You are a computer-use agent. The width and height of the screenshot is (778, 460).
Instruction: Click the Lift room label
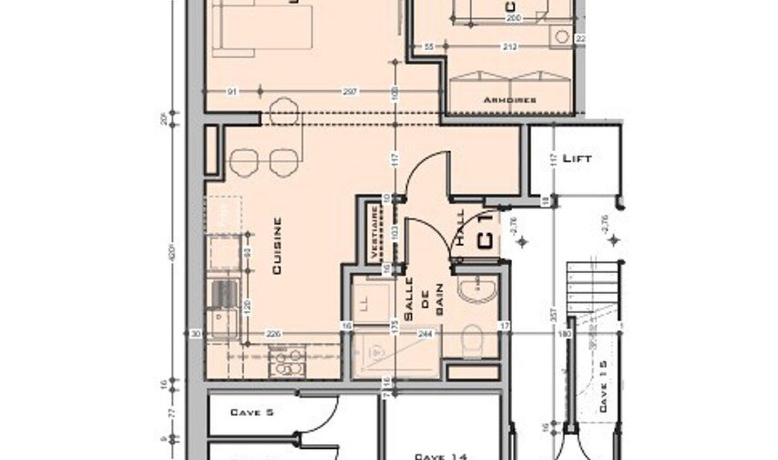pos(577,159)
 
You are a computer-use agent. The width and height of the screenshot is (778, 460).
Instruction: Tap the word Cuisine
pos(277,246)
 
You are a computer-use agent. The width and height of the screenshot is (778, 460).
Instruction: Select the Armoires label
pos(509,100)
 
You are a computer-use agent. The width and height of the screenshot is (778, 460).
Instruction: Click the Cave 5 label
pos(252,412)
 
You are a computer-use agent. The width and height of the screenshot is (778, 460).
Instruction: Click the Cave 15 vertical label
pos(603,387)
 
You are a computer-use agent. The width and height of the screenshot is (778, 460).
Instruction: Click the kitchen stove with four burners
pos(287,362)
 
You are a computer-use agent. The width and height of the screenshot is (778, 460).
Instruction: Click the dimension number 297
pos(350,92)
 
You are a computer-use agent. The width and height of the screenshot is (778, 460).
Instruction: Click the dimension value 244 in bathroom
pos(426,334)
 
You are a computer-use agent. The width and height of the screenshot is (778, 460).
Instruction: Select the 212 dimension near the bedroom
pos(509,47)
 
